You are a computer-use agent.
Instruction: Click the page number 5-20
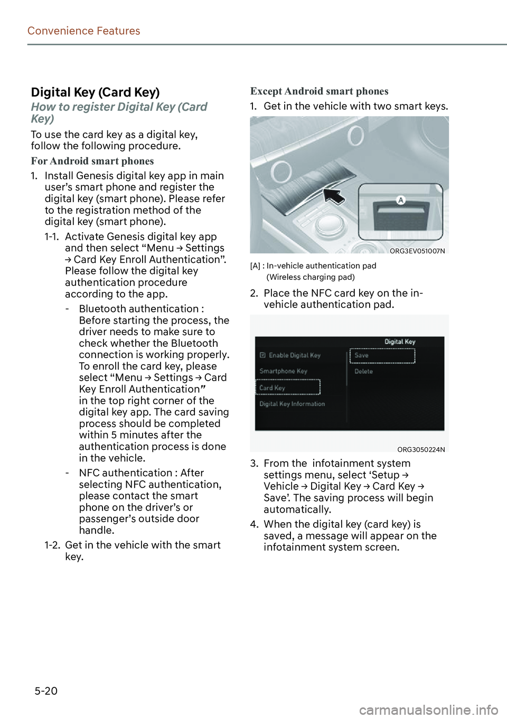[46, 690]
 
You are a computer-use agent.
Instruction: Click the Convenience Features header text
[83, 31]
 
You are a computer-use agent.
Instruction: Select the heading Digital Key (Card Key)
[95, 92]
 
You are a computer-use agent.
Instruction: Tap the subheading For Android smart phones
[92, 161]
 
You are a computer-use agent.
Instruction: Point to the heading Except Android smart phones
[319, 91]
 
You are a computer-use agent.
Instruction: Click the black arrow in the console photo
[334, 196]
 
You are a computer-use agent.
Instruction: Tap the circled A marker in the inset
[401, 200]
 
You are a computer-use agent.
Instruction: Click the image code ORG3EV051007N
[417, 251]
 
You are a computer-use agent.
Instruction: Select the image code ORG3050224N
[421, 450]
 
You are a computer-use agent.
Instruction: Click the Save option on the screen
[362, 355]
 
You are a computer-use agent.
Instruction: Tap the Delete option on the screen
[363, 372]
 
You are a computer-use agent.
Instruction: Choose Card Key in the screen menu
[273, 388]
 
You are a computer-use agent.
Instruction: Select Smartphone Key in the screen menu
[284, 371]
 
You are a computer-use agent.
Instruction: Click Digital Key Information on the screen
[292, 404]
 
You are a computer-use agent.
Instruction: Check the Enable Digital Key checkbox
[263, 355]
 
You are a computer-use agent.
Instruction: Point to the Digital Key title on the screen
[400, 342]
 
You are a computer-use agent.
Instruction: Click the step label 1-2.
[52, 545]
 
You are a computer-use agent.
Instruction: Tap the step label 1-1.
[52, 237]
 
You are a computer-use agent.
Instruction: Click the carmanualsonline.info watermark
[428, 710]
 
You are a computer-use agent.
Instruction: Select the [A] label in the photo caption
[255, 266]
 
